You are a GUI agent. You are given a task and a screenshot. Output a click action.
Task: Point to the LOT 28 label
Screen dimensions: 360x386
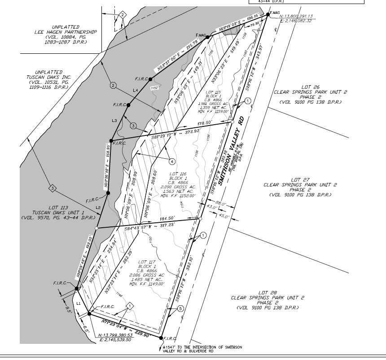(269, 292)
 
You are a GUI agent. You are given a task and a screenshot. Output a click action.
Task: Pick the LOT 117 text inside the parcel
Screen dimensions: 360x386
(146, 261)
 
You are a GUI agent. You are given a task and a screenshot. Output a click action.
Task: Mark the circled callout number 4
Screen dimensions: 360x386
(172, 160)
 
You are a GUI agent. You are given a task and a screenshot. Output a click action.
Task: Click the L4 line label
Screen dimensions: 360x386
(136, 90)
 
